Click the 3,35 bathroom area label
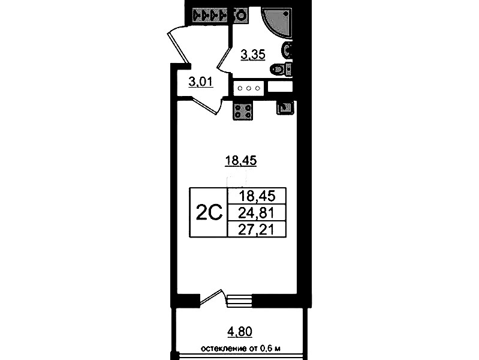[x=253, y=55]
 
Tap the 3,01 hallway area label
[x=201, y=82]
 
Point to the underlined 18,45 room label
[x=241, y=160]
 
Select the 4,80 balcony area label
[x=240, y=332]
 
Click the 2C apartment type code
[x=209, y=212]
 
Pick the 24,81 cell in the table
[x=256, y=212]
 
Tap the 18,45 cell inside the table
[x=257, y=196]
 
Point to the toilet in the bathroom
[x=281, y=69]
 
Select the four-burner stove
[x=243, y=111]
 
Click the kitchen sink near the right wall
[x=285, y=108]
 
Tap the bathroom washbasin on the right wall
[x=288, y=50]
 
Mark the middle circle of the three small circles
[x=249, y=88]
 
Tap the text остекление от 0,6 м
[x=240, y=349]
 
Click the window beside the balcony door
[x=240, y=301]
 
